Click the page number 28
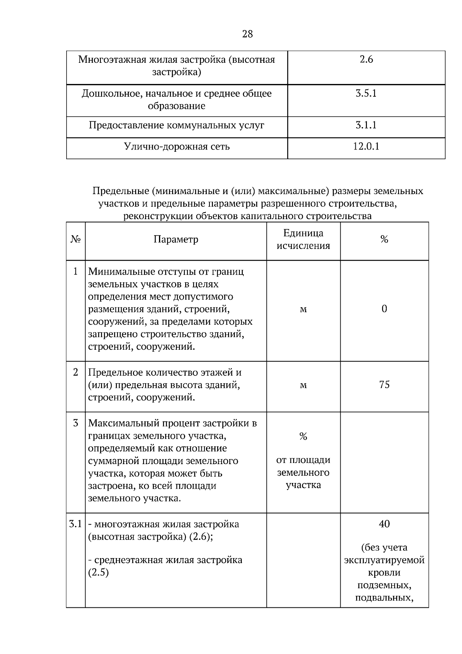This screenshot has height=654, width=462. tap(248, 34)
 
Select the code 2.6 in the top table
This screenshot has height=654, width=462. tap(366, 60)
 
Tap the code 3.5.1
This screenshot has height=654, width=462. tap(366, 94)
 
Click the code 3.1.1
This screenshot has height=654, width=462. tap(366, 125)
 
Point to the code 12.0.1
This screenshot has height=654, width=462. tap(366, 146)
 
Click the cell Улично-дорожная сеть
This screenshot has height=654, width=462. tap(177, 147)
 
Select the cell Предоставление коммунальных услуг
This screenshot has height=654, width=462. tap(177, 126)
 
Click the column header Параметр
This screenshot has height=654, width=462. tap(176, 240)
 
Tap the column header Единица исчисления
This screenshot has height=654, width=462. tap(303, 240)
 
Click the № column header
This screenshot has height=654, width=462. tap(76, 240)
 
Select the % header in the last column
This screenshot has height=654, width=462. tap(384, 240)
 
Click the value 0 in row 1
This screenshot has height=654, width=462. tap(384, 309)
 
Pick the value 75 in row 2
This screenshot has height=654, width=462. tap(384, 385)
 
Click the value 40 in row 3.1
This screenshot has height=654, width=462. tap(384, 524)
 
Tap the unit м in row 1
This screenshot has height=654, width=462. tap(303, 309)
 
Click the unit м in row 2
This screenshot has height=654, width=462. tap(303, 385)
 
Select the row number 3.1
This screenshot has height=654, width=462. tap(75, 524)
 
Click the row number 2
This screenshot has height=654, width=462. tap(75, 372)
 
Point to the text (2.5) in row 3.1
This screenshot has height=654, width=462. tap(99, 572)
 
